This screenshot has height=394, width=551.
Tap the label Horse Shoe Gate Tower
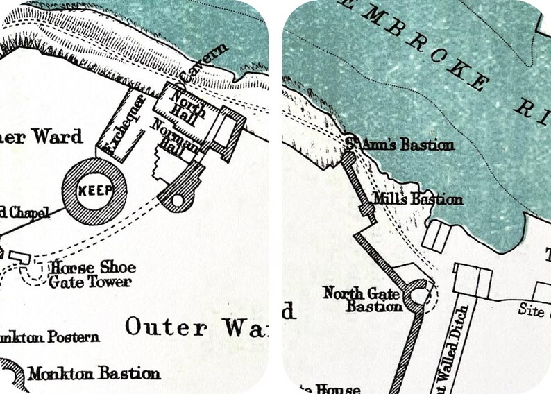[92, 275]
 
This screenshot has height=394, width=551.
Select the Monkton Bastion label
[94, 374]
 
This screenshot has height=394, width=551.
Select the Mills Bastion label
[416, 199]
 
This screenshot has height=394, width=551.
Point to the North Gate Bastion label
[363, 300]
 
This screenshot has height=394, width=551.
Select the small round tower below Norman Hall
[177, 200]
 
